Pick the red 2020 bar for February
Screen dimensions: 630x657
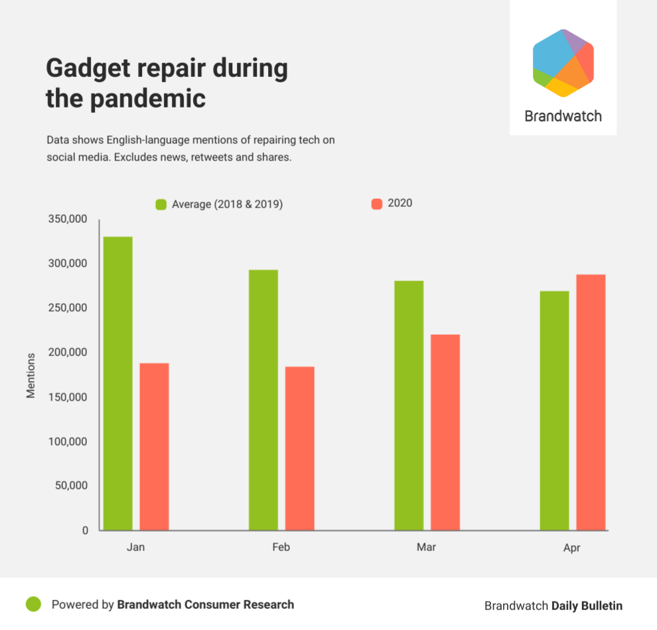300,448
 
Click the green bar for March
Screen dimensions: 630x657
409,405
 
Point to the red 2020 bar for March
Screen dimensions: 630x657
445,432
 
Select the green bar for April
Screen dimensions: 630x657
554,410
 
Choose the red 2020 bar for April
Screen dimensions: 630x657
591,402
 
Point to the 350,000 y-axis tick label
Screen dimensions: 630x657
68,219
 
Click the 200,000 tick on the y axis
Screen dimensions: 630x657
68,352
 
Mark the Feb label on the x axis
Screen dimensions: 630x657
281,548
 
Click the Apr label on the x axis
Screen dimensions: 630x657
571,548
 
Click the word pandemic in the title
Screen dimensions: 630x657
147,99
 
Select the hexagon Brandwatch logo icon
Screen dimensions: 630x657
563,63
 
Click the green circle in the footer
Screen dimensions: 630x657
33,604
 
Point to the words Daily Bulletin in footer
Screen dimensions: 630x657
587,605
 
